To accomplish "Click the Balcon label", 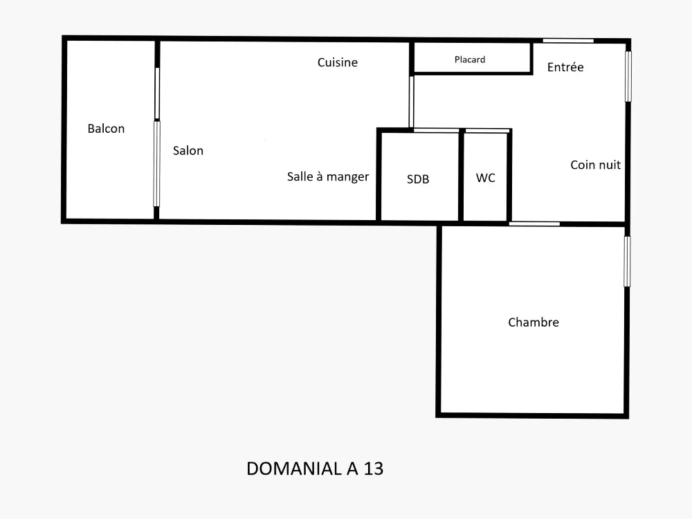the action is click(x=106, y=129).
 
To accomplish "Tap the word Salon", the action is click(x=188, y=150).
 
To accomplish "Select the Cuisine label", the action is click(x=338, y=62).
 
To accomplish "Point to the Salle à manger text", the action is click(x=328, y=176).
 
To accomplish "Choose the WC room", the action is click(x=485, y=176).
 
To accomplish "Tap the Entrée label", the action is click(x=565, y=67).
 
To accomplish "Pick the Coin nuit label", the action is click(x=595, y=165).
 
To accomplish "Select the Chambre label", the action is click(x=534, y=322).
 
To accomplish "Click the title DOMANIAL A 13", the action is click(x=315, y=468).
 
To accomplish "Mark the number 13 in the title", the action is click(x=374, y=468).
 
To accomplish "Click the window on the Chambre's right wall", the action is click(x=627, y=262).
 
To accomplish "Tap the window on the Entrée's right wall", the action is click(x=628, y=76).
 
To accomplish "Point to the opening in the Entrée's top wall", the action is click(x=568, y=41).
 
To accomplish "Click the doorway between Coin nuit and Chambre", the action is click(x=534, y=224).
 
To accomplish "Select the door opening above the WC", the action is click(x=487, y=131).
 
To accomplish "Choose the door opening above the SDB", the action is click(x=436, y=130).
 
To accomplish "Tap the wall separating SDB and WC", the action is click(x=461, y=176).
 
